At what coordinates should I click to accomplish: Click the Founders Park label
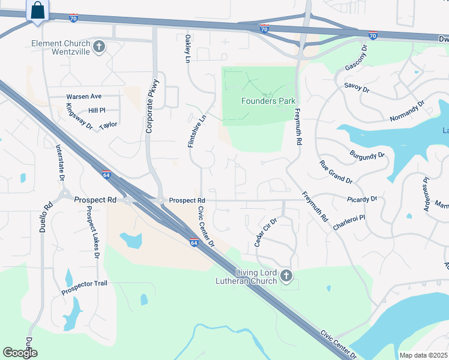[x=268, y=101]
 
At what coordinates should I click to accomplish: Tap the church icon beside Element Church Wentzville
[x=100, y=46]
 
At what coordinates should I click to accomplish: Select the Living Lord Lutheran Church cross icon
[x=286, y=277]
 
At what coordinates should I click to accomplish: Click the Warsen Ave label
[x=84, y=97]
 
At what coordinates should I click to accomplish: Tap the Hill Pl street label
[x=96, y=111]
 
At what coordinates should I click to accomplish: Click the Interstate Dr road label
[x=59, y=161]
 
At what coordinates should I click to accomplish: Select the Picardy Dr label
[x=362, y=199]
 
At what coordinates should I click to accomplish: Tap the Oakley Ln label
[x=187, y=49]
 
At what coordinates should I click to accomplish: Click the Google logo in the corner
[x=20, y=353]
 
